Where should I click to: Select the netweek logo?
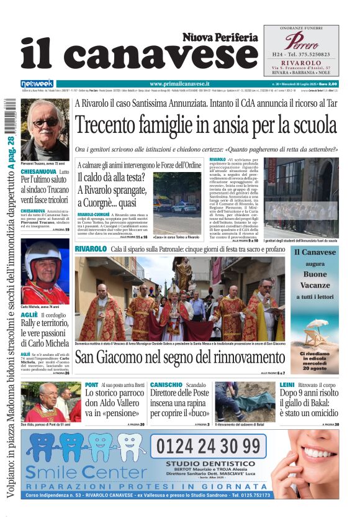pyautogui.click(x=37, y=83)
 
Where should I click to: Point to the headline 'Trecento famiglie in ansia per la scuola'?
pyautogui.click(x=205, y=125)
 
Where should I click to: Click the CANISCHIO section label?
pyautogui.click(x=166, y=385)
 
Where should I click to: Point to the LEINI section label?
pyautogui.click(x=287, y=385)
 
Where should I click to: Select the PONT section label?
pyautogui.click(x=91, y=385)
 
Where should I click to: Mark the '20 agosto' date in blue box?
pyautogui.click(x=315, y=367)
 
